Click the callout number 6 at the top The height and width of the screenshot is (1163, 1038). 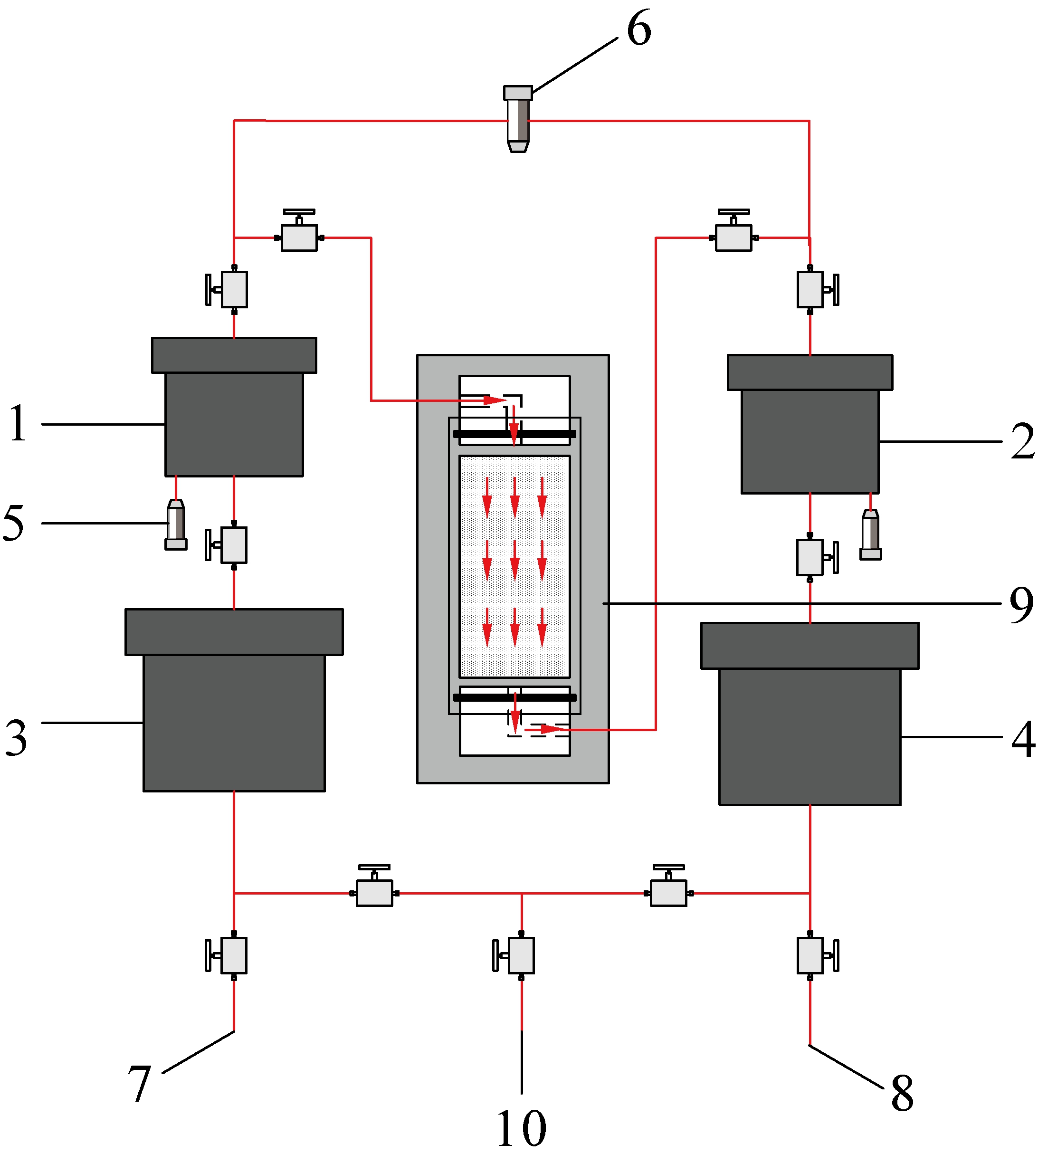pos(639,28)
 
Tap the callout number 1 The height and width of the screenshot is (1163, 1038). pos(18,423)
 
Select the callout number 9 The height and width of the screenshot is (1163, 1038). pos(1021,605)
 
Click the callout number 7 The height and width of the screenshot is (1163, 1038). pos(139,1083)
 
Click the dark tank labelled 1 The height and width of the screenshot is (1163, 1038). pos(234,407)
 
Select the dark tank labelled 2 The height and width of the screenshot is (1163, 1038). pos(810,424)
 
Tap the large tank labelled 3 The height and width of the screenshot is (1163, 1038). pos(234,700)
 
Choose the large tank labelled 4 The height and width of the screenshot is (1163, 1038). pos(810,714)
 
